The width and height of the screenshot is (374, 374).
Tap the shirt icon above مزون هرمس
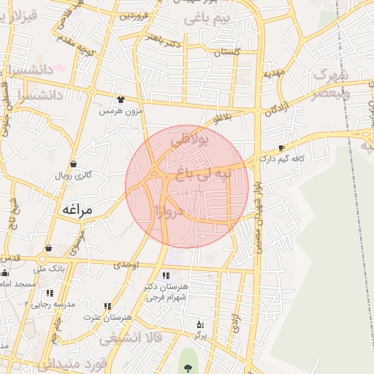(x=121, y=99)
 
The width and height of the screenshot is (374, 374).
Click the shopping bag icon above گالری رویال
(x=73, y=164)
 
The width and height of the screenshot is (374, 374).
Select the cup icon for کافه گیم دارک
(x=281, y=148)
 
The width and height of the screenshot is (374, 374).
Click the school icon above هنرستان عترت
(x=107, y=306)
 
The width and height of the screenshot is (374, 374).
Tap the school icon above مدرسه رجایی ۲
(x=50, y=293)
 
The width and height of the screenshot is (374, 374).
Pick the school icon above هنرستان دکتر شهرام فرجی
(x=166, y=275)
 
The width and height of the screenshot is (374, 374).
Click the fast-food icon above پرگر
(x=200, y=324)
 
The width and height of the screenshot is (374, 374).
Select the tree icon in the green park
(x=189, y=369)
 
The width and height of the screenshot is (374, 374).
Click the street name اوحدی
(x=126, y=264)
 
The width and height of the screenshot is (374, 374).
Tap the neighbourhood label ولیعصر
(x=329, y=93)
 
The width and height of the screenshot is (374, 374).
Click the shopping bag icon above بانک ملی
(x=47, y=248)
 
